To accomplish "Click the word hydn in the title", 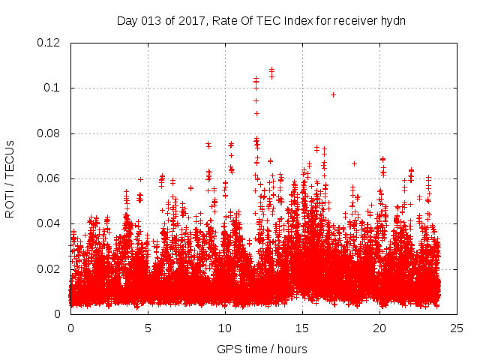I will [393, 20].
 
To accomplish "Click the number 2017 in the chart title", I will [192, 20].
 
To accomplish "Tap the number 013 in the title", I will [154, 20].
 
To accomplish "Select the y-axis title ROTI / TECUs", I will [10, 179].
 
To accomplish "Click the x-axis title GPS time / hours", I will [262, 349].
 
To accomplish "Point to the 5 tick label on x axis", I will [148, 328].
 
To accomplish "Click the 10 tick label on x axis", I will [226, 328].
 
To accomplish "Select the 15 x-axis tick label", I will [303, 328].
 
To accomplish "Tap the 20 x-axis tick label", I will [380, 328].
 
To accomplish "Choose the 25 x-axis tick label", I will [457, 328].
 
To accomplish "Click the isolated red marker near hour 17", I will [333, 94].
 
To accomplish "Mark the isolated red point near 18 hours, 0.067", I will [354, 163].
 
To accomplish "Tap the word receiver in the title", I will [357, 20].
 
